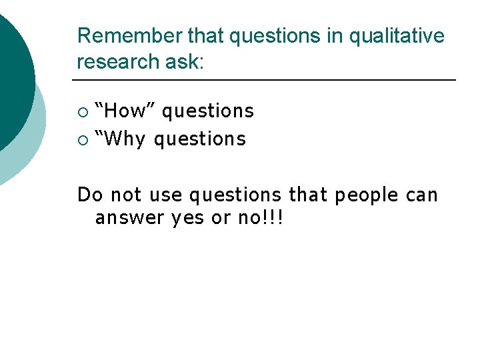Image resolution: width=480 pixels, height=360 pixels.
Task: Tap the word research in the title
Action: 117,61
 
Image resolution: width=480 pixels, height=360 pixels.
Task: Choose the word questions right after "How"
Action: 208,111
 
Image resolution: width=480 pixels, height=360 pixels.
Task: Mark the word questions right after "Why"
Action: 200,139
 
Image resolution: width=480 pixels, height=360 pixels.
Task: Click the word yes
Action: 188,218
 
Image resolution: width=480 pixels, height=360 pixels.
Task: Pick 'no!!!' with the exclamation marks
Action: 261,218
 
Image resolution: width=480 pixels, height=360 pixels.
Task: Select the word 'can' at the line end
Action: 422,195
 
